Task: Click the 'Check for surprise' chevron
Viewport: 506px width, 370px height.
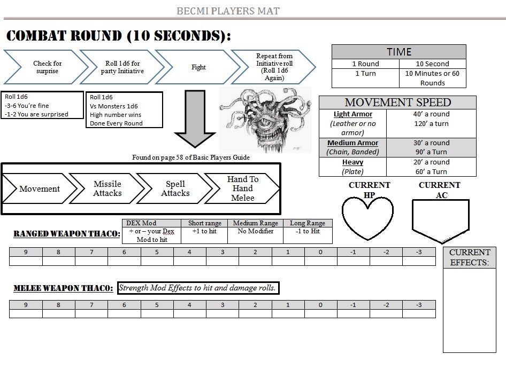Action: pos(47,67)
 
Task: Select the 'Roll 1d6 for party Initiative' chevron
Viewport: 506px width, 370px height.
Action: pos(122,67)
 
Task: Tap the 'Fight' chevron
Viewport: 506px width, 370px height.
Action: pos(198,67)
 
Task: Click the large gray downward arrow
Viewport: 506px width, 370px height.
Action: pos(195,119)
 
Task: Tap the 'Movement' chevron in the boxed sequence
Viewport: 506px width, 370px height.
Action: pos(40,188)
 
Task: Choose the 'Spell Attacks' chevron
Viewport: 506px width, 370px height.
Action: pos(175,188)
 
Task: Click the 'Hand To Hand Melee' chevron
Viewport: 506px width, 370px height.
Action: pos(243,188)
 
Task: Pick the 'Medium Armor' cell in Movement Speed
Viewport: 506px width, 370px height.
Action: pos(352,147)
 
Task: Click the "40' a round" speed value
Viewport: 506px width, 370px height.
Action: pos(431,114)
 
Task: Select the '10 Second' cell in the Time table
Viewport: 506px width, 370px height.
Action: pos(432,64)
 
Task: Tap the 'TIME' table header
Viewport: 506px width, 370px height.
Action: pos(399,52)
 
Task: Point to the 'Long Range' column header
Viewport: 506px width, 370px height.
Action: pos(308,223)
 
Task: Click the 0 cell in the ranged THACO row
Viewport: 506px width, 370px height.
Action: pos(320,252)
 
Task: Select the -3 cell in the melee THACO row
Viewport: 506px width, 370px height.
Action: pos(419,305)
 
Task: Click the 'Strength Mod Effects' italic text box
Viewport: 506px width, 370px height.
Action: pos(198,288)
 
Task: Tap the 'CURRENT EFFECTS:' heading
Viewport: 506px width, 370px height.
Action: pos(470,257)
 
